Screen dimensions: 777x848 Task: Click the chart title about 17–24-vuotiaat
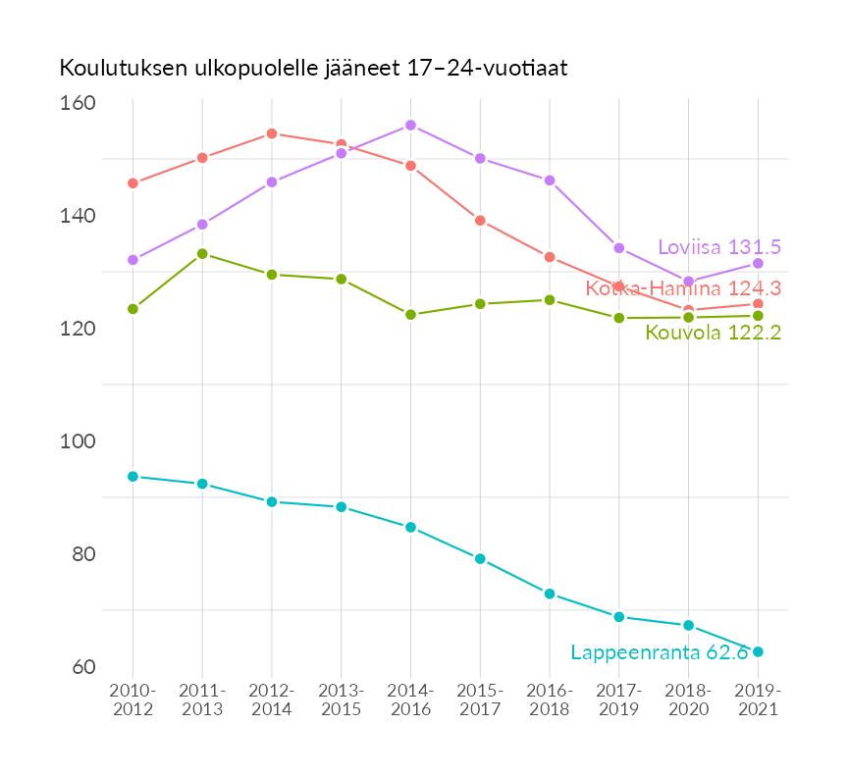tap(314, 69)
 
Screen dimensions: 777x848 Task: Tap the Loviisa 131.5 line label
tap(718, 247)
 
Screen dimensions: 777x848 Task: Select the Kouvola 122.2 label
tap(713, 334)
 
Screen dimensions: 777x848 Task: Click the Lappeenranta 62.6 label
tap(660, 652)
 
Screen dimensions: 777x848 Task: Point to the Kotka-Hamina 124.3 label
tap(683, 288)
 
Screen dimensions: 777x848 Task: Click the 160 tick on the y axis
tap(78, 103)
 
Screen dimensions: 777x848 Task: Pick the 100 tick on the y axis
tap(78, 441)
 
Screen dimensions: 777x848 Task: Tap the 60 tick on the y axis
tap(82, 667)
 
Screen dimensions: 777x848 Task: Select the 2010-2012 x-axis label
tap(132, 699)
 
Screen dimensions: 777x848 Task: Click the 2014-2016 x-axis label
tap(410, 699)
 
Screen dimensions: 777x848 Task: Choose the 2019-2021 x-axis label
tap(758, 699)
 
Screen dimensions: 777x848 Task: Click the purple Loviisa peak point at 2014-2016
tap(410, 126)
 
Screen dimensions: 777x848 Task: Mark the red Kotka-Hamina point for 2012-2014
tap(272, 133)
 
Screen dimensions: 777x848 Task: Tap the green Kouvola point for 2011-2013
tap(202, 253)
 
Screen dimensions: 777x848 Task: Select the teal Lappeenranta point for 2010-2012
tap(132, 477)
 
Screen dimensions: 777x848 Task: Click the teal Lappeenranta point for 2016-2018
tap(550, 594)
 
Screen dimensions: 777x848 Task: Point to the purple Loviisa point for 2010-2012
tap(132, 260)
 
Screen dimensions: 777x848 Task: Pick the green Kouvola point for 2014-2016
tap(410, 315)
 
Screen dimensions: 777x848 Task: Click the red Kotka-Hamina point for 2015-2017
tap(480, 221)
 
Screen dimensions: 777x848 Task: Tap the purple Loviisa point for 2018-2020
tap(688, 282)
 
